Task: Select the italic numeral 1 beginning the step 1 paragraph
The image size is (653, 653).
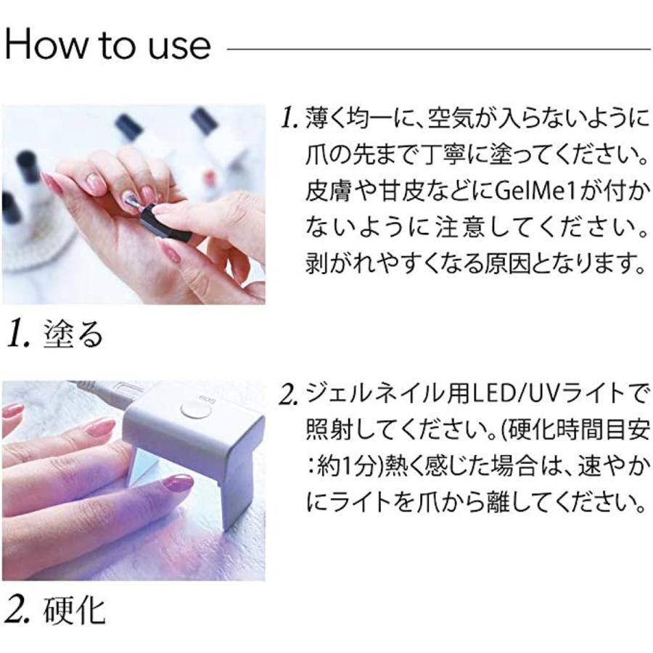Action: click(x=288, y=118)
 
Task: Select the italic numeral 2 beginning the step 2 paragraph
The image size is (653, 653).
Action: click(x=288, y=395)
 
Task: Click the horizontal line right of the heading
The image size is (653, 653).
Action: click(x=439, y=49)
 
